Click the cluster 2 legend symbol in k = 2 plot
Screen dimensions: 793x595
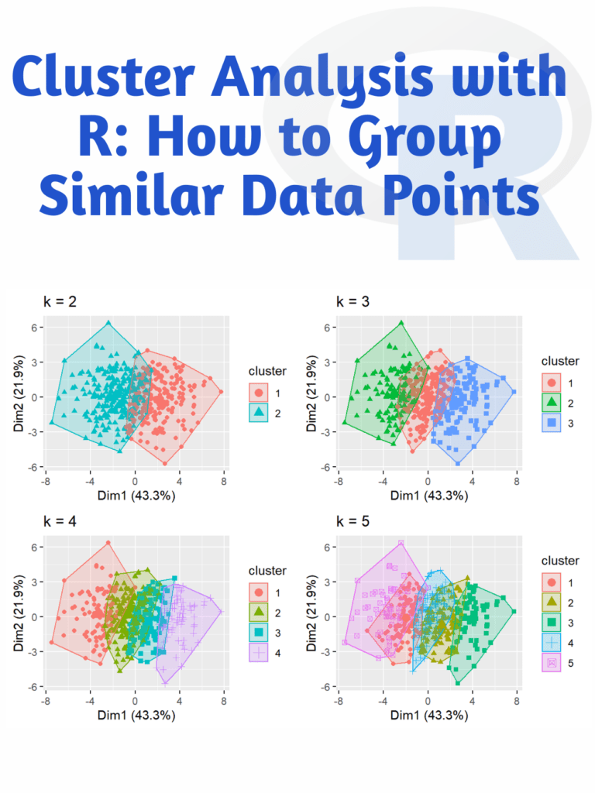[259, 414]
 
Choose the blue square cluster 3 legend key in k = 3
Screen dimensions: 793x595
[551, 423]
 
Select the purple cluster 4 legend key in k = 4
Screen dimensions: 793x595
[259, 654]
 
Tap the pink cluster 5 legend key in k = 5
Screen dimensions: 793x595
[551, 663]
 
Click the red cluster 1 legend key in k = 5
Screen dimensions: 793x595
[551, 582]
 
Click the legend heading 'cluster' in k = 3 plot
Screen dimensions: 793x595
[560, 361]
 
